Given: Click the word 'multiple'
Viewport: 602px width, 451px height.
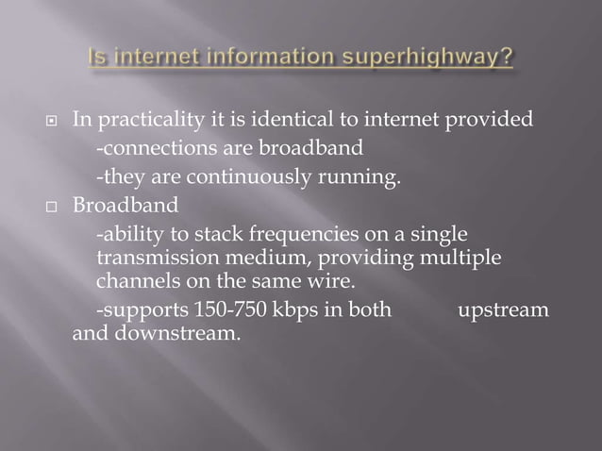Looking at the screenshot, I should pos(457,257).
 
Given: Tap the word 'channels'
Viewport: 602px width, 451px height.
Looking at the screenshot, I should pos(135,281).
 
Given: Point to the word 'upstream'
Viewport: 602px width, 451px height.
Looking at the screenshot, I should pos(502,309).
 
